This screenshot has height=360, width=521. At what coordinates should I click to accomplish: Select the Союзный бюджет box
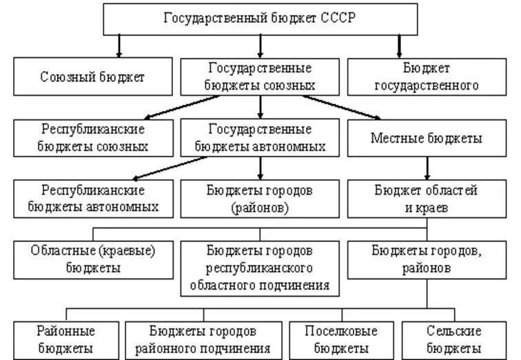click(x=92, y=77)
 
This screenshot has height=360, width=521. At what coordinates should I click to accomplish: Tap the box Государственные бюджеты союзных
click(x=260, y=77)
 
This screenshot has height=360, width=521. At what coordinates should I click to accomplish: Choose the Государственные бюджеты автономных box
click(x=260, y=138)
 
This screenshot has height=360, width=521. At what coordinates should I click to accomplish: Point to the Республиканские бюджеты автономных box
click(x=92, y=197)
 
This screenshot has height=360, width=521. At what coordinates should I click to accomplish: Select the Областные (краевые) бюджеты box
click(x=92, y=259)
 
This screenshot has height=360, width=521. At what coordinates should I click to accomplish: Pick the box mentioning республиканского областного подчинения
click(x=260, y=267)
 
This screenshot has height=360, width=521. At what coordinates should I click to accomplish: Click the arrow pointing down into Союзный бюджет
click(x=119, y=46)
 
